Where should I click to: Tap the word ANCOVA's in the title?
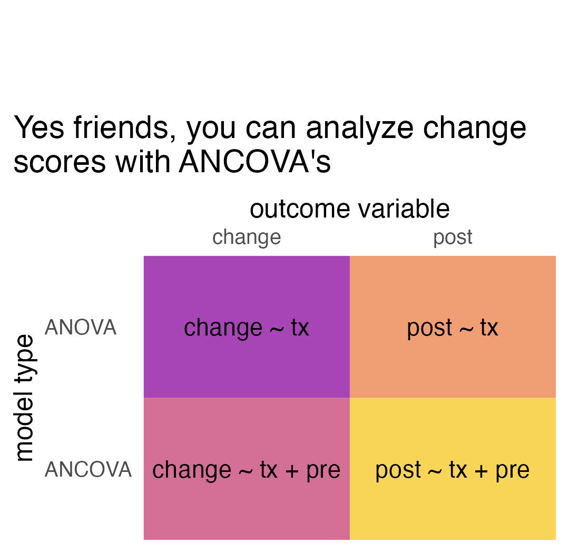point(255,162)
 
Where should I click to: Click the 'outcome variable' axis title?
point(350,209)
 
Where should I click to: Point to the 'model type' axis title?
point(25,398)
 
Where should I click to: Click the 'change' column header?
point(247,238)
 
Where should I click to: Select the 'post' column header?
point(453,238)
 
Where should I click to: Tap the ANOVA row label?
point(80,327)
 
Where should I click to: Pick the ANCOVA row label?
point(88,469)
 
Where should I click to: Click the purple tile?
point(247,327)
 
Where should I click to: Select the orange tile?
point(453,327)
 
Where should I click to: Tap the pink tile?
point(247,469)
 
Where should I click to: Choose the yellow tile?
point(453,469)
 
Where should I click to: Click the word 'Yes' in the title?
point(39,128)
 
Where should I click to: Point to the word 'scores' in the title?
point(60,163)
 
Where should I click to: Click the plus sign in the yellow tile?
point(481,471)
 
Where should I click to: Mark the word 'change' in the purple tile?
point(223,329)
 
